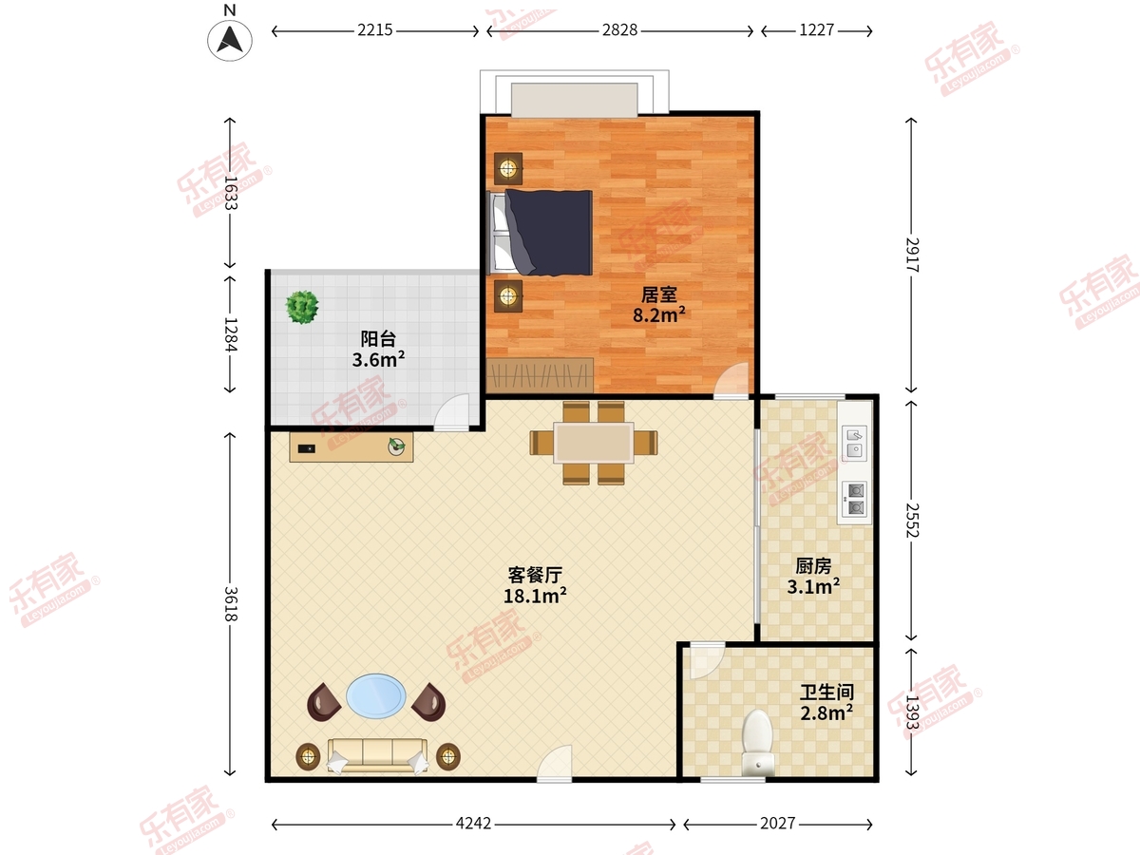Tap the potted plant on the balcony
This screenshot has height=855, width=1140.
pos(303,307)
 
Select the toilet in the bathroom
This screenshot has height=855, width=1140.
pos(757,740)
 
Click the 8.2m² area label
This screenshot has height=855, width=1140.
pos(659,314)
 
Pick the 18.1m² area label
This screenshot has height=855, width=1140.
pos(536,596)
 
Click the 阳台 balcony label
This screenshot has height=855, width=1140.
pos(378,338)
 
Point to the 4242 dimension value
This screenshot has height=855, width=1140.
pos(472,824)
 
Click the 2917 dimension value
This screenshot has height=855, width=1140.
pos(912,256)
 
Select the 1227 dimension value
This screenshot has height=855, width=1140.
pos(816,30)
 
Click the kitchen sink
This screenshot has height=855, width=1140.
pos(856,442)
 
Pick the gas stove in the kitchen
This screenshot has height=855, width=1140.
pos(856,499)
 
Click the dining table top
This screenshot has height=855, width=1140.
pos(594,443)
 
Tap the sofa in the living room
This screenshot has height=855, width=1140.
pos(377,753)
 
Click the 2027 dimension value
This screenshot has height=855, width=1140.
pos(777,824)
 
